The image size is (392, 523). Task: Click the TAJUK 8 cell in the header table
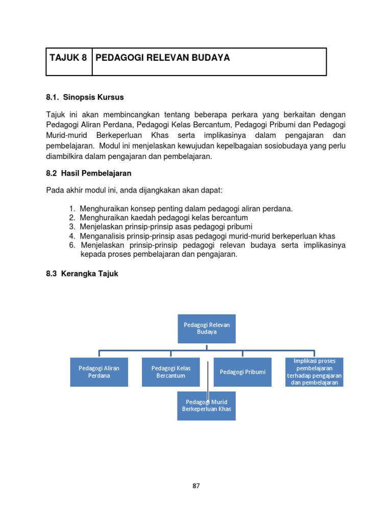click(68, 58)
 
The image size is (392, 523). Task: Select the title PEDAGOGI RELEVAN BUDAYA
click(163, 58)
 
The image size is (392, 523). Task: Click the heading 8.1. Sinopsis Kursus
click(85, 97)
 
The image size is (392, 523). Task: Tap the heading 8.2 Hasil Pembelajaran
click(89, 173)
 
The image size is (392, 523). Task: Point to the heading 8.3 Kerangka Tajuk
click(82, 274)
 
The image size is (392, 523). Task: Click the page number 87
click(196, 486)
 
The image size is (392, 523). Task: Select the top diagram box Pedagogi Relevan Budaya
click(206, 328)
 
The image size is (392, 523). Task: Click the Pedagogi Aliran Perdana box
click(99, 372)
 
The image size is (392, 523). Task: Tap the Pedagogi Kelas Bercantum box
click(171, 372)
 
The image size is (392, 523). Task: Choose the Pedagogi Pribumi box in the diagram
click(242, 372)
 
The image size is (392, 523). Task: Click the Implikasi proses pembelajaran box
click(314, 372)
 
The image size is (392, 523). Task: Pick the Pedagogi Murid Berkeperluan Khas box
click(206, 406)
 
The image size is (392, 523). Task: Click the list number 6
click(72, 245)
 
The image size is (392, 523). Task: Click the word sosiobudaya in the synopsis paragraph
click(271, 146)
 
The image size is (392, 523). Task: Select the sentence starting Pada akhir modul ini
click(135, 190)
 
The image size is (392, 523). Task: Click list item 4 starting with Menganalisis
click(207, 235)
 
